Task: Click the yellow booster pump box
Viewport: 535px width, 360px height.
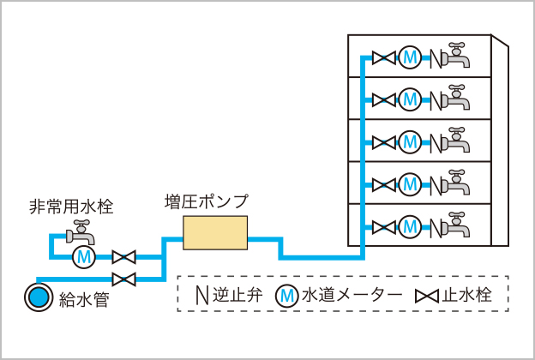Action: coord(215,233)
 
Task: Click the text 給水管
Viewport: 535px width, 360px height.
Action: coord(84,299)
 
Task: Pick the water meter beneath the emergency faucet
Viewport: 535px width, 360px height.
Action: coord(83,256)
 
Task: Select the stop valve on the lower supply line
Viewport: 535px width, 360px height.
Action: coord(125,278)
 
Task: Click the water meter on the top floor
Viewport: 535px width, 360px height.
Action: coord(410,58)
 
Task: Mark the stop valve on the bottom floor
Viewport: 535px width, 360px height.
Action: coord(384,227)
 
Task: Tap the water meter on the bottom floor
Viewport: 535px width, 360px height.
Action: coord(410,227)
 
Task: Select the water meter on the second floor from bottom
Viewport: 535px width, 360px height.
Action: coord(410,184)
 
